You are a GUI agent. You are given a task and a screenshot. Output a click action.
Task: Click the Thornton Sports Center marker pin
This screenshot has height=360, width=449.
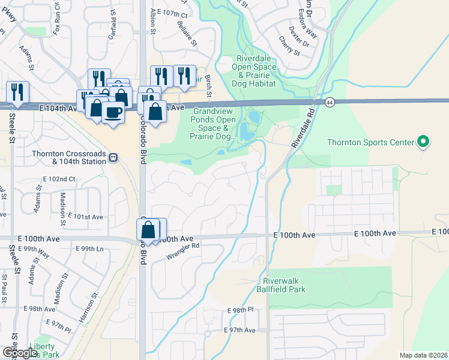pyautogui.click(x=423, y=142)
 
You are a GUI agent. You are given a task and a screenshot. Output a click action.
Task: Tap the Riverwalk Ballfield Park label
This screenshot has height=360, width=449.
pyautogui.click(x=284, y=285)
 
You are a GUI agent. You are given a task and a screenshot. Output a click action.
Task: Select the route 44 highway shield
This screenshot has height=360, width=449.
pyautogui.click(x=330, y=103)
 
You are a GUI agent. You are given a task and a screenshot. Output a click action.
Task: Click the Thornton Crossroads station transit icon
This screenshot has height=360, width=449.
pyautogui.click(x=113, y=157)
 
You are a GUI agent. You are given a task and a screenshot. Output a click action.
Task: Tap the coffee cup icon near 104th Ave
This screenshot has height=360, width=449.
pyautogui.click(x=113, y=112)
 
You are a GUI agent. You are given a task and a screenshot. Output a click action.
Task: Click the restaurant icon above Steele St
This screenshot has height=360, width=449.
pyautogui.click(x=17, y=92)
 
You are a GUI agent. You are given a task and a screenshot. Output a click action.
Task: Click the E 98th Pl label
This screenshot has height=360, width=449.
pyautogui.click(x=241, y=310)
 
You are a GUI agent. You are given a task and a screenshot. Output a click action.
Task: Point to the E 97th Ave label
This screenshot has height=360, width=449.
pyautogui.click(x=240, y=331)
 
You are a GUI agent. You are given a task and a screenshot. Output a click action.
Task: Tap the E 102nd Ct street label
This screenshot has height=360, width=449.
pyautogui.click(x=59, y=179)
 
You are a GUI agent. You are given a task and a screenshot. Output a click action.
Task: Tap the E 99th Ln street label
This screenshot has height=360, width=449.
pyautogui.click(x=89, y=249)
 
